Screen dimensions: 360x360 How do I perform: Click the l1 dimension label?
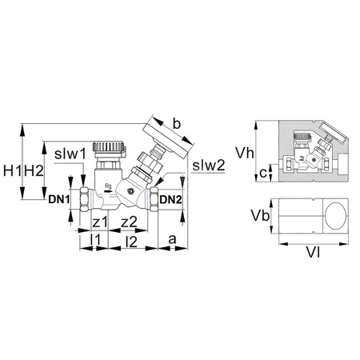[94, 239]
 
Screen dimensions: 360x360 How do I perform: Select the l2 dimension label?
[132, 239]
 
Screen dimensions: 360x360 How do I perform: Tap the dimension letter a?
[174, 238]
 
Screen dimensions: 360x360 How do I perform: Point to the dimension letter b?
[177, 124]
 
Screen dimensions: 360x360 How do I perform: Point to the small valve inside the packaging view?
[307, 152]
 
